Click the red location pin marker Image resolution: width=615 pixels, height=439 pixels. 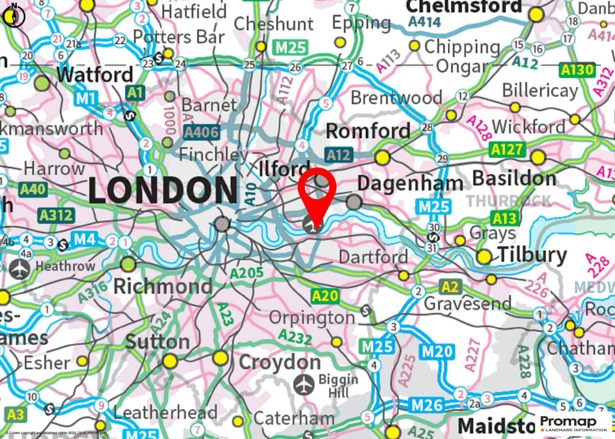317,192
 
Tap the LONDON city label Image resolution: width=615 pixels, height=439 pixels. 163,191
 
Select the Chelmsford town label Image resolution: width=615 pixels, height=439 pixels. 464,7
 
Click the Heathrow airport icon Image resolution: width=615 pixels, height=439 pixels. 19,269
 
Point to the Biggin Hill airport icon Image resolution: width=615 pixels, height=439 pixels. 306,383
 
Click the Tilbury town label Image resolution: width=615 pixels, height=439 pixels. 532,256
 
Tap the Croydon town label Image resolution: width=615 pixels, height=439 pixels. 280,363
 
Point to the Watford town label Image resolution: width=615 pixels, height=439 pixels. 95,75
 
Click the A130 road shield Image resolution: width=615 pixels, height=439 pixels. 577,70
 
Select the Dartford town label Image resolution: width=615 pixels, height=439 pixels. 374,256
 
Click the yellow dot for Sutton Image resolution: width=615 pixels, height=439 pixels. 170,361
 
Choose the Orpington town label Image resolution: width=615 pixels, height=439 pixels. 312,317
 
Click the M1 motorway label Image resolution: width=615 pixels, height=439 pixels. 87,98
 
